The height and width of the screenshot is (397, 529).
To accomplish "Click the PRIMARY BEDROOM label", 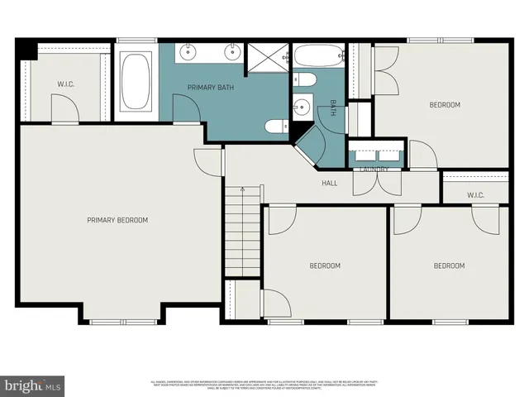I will pos(118,220).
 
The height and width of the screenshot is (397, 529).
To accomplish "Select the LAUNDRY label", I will pos(374,170).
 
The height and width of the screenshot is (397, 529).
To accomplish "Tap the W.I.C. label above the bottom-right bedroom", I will pos(474,195).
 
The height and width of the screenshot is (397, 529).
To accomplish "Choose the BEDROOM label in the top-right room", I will pos(444,105).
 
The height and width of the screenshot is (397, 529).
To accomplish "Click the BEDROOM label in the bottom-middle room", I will pos(325,265).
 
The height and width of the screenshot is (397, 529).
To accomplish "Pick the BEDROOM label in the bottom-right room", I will pos(450,265).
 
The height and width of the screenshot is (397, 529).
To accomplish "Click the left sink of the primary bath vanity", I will pos(189,53).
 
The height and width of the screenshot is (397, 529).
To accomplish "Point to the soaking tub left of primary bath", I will pos(136,83).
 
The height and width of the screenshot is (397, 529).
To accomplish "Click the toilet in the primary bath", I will pos(275,127).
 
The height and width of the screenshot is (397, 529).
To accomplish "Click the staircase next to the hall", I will pos(243,232).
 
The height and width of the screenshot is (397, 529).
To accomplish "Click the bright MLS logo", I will pos(33,385).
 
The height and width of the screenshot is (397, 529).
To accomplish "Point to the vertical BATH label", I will pos(334,108).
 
